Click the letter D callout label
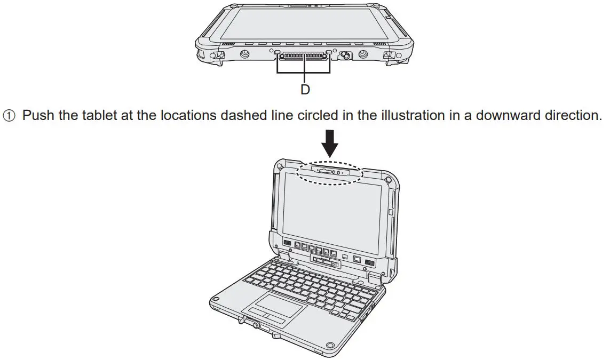point(305,90)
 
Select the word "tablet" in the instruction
point(98,115)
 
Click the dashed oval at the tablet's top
point(329,173)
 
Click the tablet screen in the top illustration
point(304,23)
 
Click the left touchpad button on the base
point(258,313)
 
